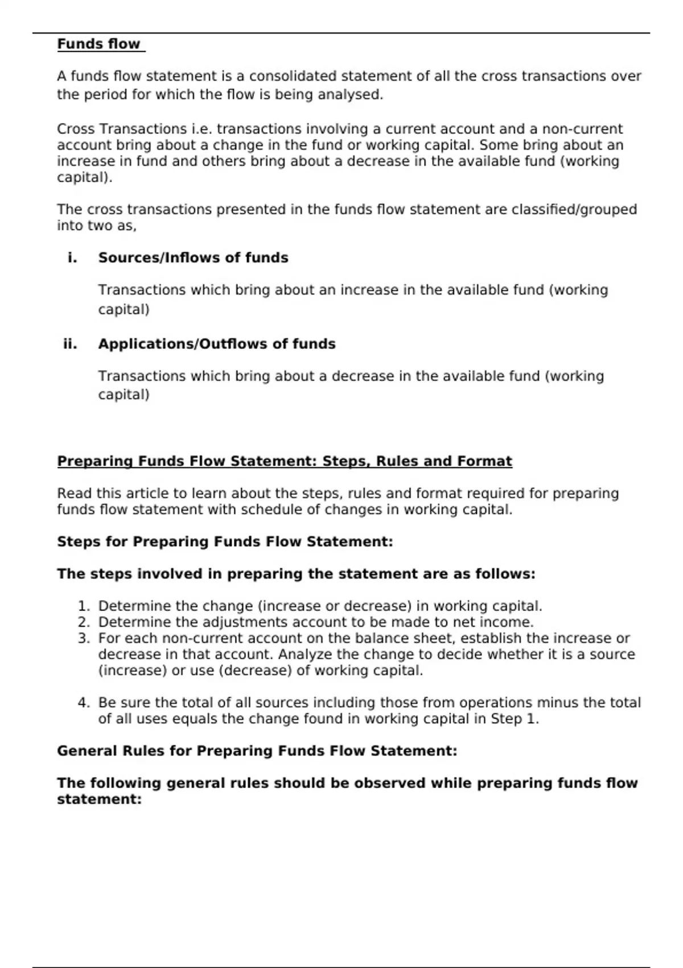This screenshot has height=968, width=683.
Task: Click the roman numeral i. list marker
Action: (x=72, y=258)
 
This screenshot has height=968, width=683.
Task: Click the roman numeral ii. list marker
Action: (x=70, y=344)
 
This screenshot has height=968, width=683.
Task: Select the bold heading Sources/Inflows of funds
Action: (x=193, y=258)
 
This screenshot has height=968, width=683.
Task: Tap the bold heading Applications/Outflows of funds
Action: (x=216, y=344)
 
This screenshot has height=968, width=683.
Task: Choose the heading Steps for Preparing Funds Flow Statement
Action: (x=225, y=542)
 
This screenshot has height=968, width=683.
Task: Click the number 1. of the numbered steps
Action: (x=84, y=606)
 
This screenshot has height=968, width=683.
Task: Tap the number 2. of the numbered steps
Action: (x=84, y=622)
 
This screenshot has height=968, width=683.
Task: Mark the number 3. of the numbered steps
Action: (x=84, y=638)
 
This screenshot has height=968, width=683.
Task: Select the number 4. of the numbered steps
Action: (x=84, y=703)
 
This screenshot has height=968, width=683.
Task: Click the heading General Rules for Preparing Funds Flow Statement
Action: (x=257, y=751)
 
